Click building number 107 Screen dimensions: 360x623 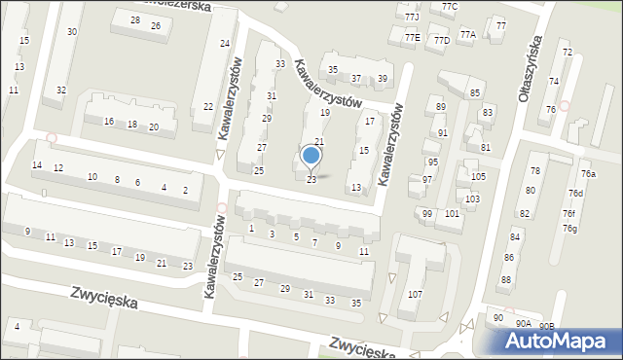coord(416,294)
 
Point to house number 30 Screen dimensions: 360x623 coord(72,32)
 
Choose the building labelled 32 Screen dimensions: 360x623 coord(60,90)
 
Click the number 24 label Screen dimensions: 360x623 coord(225,44)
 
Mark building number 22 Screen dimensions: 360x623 coord(208,106)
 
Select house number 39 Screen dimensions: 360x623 coord(383,79)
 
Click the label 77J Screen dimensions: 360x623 coord(412,18)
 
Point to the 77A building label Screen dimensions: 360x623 coord(467,35)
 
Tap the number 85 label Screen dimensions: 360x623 coord(475,92)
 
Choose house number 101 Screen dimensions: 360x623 coord(452,213)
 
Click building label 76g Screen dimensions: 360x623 coord(569,229)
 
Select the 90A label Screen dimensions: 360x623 coord(524,323)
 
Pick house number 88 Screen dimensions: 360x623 coord(506,280)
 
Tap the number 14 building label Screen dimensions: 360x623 coord(37,165)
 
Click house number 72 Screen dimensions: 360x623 coord(567,52)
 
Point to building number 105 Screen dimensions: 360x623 coord(478,176)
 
